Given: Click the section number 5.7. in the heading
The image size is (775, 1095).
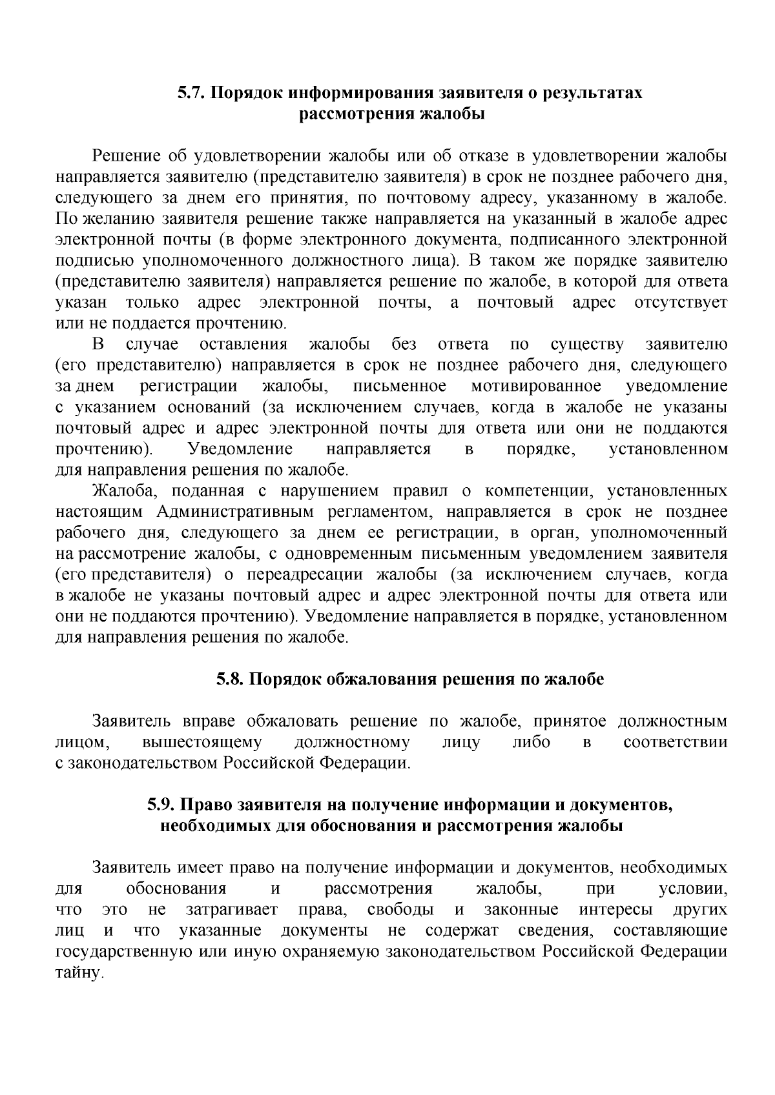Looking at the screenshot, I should pos(191,93).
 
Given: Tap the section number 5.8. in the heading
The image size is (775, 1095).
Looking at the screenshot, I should pos(229,679).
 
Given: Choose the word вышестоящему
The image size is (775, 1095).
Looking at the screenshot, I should pos(201,743).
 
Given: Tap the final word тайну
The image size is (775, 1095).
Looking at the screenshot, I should pos(79,973).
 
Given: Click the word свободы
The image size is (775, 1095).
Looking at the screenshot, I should pos(400,910).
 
